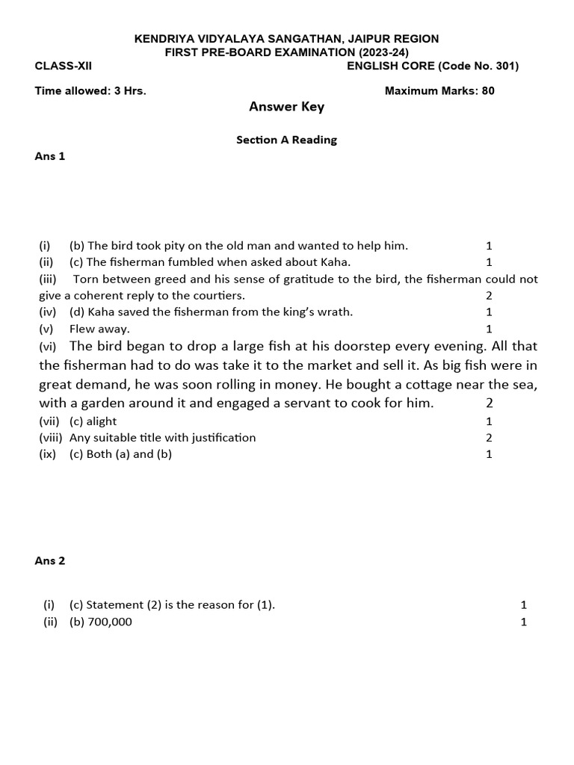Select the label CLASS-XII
tap(64, 66)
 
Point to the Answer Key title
tap(286, 107)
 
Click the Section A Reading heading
tap(286, 140)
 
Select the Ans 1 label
tap(50, 156)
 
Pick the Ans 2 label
tap(50, 561)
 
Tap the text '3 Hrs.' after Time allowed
tap(130, 91)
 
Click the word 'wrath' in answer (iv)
tap(334, 312)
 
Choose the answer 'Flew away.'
tap(99, 329)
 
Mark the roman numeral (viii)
tap(51, 438)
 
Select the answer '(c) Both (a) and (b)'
tap(120, 454)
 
